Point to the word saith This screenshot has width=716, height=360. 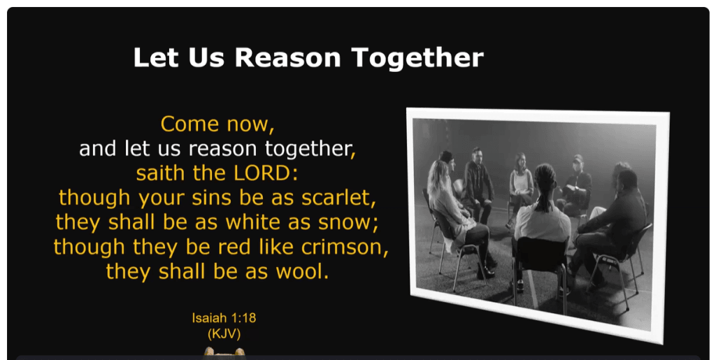pos(158,173)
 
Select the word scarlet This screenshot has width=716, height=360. pos(338,198)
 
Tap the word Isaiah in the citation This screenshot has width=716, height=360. pos(208,318)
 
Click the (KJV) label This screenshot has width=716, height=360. pos(224,333)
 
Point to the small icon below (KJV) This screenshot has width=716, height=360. pos(224,352)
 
